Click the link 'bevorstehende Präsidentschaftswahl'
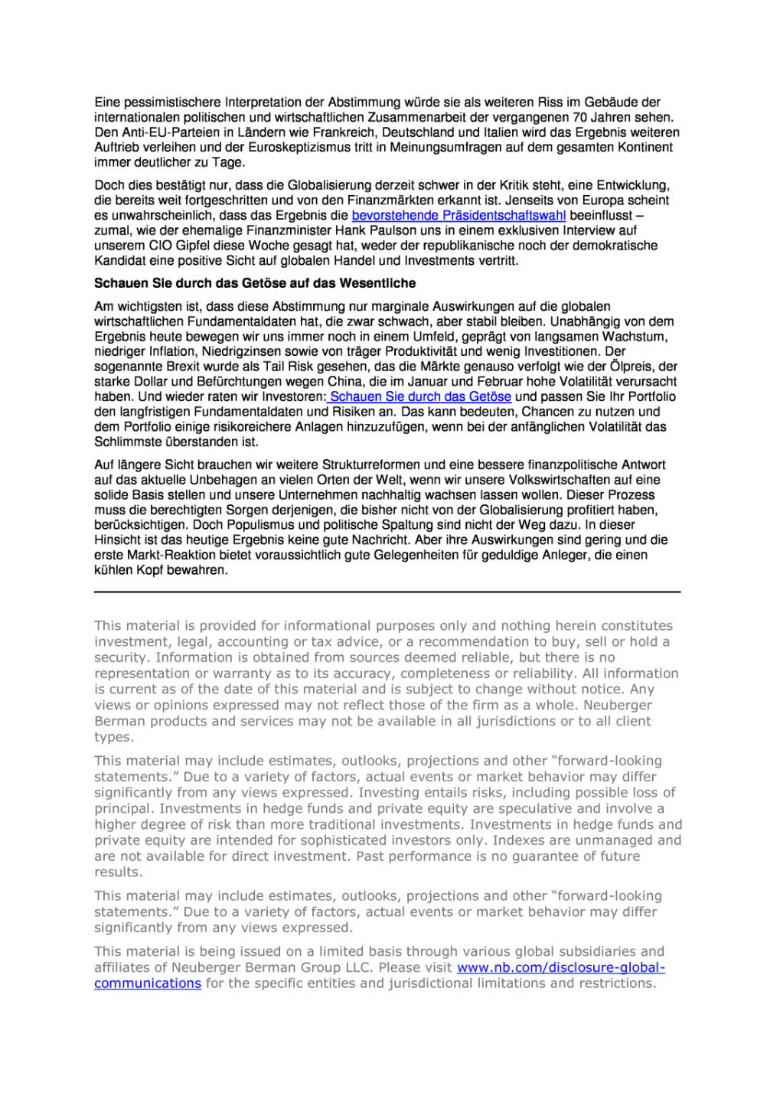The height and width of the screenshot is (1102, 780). click(x=459, y=216)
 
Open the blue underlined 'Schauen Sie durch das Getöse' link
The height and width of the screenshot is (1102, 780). click(x=420, y=396)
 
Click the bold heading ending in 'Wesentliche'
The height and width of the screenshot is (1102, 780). click(x=255, y=283)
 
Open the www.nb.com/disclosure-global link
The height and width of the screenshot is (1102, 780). click(x=560, y=968)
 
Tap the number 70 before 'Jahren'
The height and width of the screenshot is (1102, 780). click(x=580, y=117)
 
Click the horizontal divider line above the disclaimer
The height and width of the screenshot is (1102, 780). click(x=387, y=592)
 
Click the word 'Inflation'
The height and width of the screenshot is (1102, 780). click(x=171, y=351)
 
